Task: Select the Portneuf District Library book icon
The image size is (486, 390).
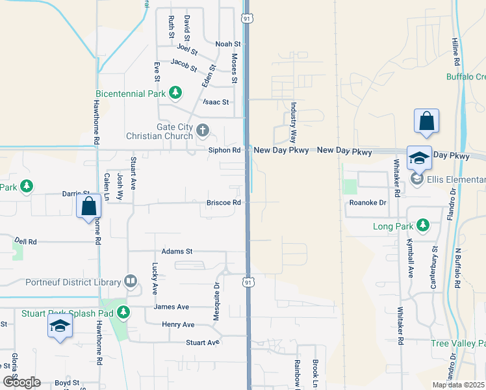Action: point(131,282)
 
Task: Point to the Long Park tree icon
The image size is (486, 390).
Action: point(423,226)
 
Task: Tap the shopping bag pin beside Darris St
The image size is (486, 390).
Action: point(88,207)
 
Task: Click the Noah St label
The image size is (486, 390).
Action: point(228,44)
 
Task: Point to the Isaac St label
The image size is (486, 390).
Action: point(216,102)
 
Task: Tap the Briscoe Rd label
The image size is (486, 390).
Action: point(224,202)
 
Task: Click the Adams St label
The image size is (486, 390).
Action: point(177,251)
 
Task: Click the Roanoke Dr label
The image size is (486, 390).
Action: point(368,203)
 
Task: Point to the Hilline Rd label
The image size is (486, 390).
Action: point(456,51)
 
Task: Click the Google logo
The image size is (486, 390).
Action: point(21,382)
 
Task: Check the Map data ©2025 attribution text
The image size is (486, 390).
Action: point(458,385)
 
